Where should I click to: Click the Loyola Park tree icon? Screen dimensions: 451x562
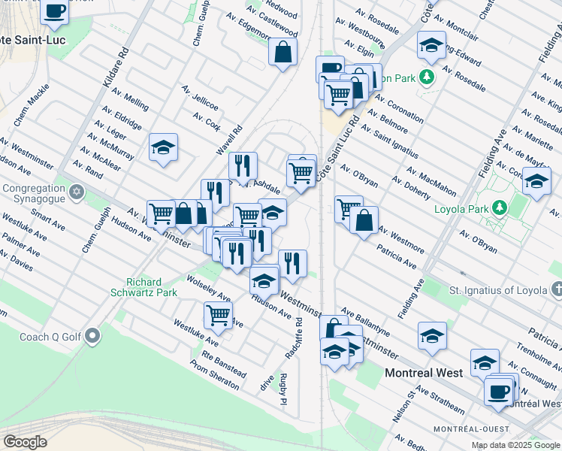(499, 208)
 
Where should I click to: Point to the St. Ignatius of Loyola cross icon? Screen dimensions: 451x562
(556, 289)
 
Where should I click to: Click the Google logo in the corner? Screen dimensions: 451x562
(26, 441)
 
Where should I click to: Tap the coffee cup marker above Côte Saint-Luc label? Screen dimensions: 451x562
(55, 11)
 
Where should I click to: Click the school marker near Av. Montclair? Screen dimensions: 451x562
(431, 46)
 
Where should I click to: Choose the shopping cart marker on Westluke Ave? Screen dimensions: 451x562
(218, 315)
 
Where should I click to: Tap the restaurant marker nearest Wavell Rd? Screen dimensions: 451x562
(242, 165)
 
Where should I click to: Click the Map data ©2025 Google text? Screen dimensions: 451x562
(515, 445)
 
